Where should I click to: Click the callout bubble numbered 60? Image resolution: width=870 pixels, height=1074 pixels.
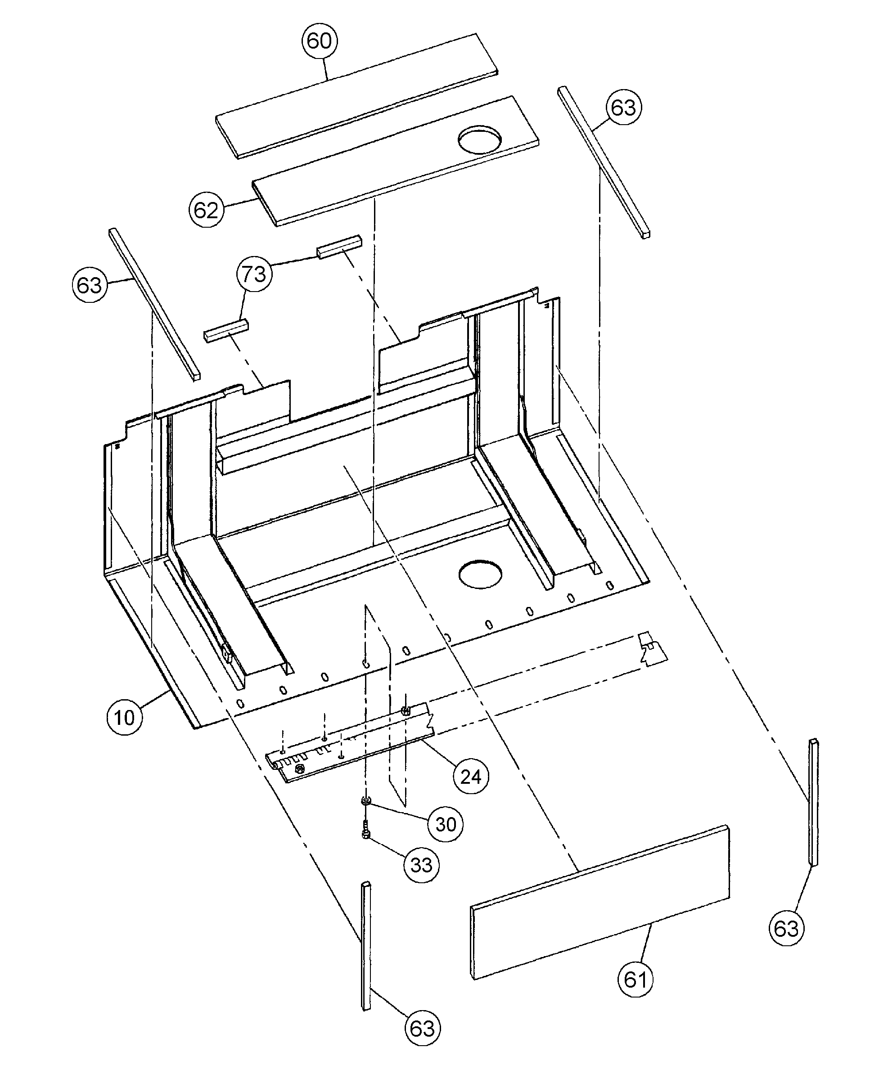point(319,40)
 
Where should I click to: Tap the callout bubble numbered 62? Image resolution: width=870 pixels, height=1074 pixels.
point(206,210)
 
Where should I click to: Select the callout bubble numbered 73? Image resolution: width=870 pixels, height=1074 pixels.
point(254,274)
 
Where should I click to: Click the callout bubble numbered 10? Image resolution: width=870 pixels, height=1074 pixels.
point(124,717)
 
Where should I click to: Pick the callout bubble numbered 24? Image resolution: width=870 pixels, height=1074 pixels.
point(471,777)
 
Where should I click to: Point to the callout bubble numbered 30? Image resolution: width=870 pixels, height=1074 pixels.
point(446,824)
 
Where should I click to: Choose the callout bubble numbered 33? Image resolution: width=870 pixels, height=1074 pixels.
point(421,865)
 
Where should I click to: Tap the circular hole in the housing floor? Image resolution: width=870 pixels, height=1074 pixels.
point(480,574)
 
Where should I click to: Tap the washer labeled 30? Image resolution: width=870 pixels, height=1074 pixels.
point(366,801)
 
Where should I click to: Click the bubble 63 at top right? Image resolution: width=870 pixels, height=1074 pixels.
point(623,107)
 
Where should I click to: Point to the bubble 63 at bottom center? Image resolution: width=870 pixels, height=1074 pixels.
point(422,1029)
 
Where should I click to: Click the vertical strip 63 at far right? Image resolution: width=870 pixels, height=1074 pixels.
point(813,809)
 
